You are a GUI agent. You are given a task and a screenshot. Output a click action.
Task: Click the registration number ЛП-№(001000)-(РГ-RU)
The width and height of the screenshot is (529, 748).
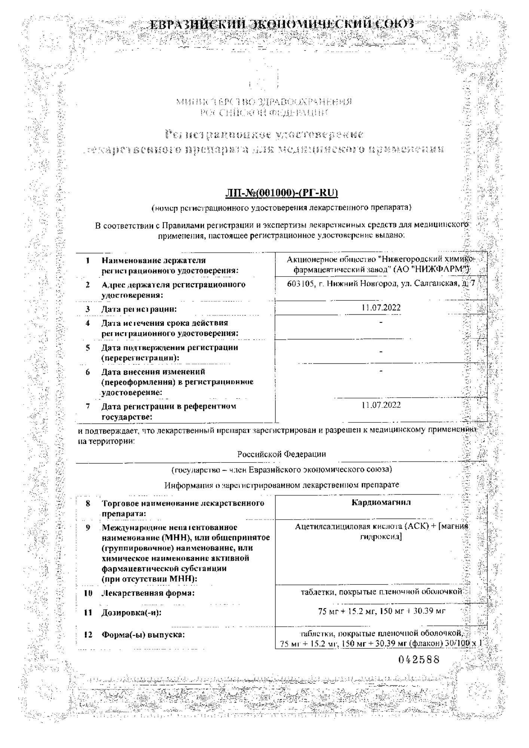[x=281, y=193]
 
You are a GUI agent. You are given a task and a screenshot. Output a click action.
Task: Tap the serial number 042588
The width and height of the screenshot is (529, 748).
[x=419, y=659]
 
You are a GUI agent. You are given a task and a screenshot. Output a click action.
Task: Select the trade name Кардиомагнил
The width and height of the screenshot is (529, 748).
[x=381, y=502]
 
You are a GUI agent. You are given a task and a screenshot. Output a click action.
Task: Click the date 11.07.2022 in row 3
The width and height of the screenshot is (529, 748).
[x=381, y=307]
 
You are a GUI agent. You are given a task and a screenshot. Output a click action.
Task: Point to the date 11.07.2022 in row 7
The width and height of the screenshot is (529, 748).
[x=381, y=405]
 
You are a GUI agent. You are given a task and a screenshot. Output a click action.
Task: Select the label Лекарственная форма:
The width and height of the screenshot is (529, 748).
[x=148, y=593]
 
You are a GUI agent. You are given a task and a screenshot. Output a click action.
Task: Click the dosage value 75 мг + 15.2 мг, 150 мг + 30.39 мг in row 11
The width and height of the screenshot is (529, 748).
[x=382, y=611]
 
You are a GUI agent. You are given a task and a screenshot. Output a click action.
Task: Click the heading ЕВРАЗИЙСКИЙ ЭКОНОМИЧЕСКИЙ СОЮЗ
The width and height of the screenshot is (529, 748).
[x=282, y=25]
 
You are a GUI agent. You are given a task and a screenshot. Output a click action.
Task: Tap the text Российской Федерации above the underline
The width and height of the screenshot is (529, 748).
[x=281, y=454]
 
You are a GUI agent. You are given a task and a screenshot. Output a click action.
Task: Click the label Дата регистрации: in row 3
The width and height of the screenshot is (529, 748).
[x=139, y=309]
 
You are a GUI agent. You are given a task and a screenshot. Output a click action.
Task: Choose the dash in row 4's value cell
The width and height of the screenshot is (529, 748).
[x=381, y=322]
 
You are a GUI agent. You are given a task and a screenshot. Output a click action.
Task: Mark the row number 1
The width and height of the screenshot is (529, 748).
[x=88, y=260]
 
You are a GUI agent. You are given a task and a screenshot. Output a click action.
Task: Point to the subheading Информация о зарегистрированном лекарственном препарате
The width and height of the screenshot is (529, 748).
[x=281, y=485]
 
